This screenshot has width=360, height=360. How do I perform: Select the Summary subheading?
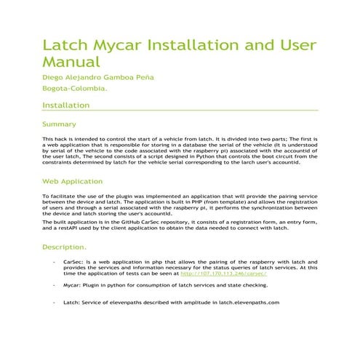[x=60, y=124]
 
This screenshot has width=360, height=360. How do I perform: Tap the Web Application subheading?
[x=72, y=180]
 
